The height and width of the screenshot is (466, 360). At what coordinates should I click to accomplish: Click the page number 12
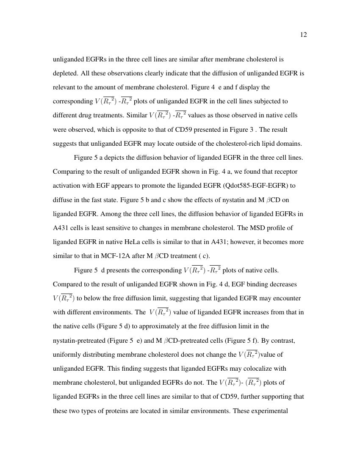click(303, 35)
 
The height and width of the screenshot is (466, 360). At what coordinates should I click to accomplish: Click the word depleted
click(64, 73)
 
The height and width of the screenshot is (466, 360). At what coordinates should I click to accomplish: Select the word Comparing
click(67, 172)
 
